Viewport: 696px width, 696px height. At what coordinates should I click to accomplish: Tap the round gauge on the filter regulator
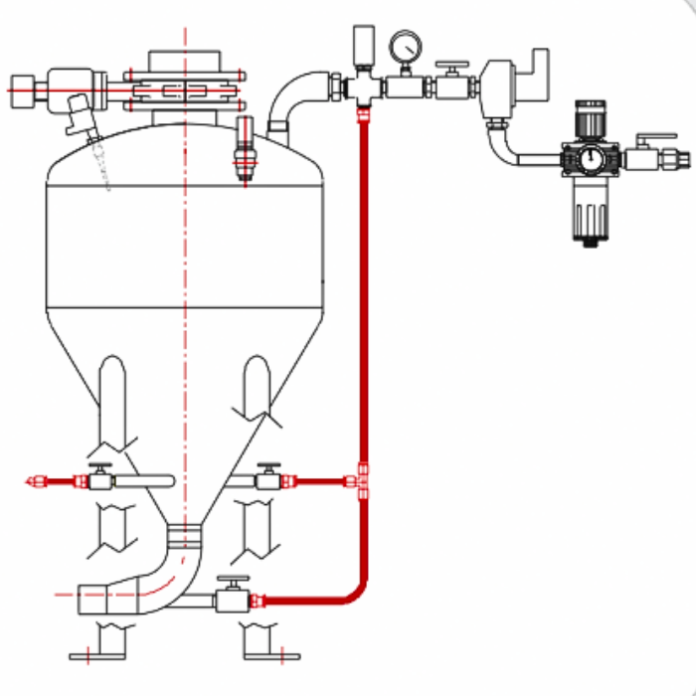(x=590, y=158)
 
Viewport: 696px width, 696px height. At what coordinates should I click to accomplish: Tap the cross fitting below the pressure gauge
(x=363, y=87)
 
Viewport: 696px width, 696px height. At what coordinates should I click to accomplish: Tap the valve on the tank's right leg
(x=267, y=480)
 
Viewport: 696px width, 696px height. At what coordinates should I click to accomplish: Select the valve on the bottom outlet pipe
(x=232, y=599)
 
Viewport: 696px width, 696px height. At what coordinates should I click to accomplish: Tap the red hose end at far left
(x=38, y=482)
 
